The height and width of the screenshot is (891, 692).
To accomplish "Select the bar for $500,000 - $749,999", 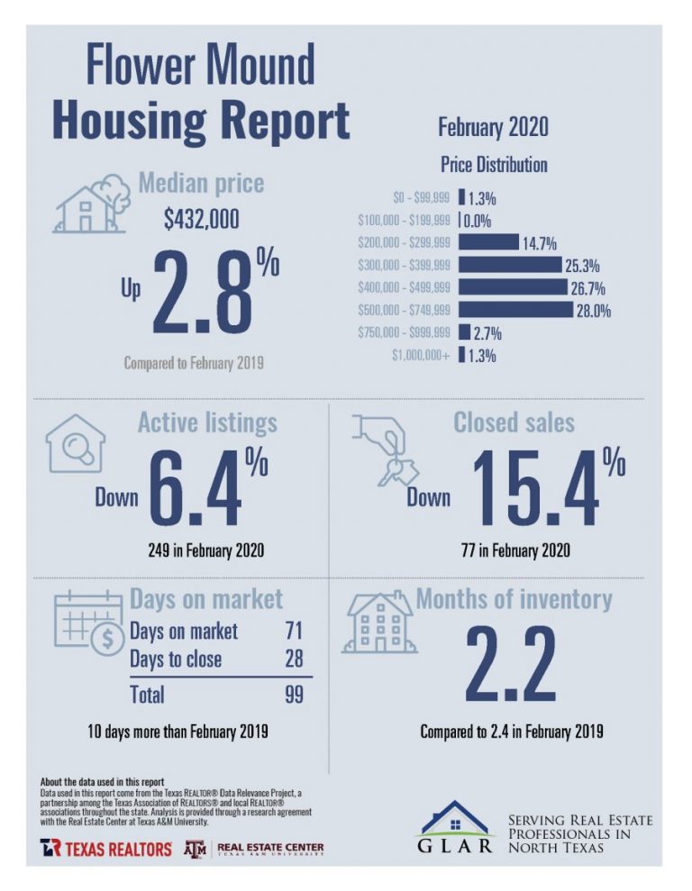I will click(x=515, y=311).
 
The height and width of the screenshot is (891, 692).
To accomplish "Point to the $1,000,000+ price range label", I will click(x=421, y=355).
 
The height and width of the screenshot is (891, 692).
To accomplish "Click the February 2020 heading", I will click(x=493, y=127).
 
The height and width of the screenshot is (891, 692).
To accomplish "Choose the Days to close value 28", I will click(x=293, y=659).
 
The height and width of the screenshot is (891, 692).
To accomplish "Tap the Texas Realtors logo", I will click(x=105, y=849).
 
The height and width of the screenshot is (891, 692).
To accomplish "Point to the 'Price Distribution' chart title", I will click(x=493, y=166).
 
